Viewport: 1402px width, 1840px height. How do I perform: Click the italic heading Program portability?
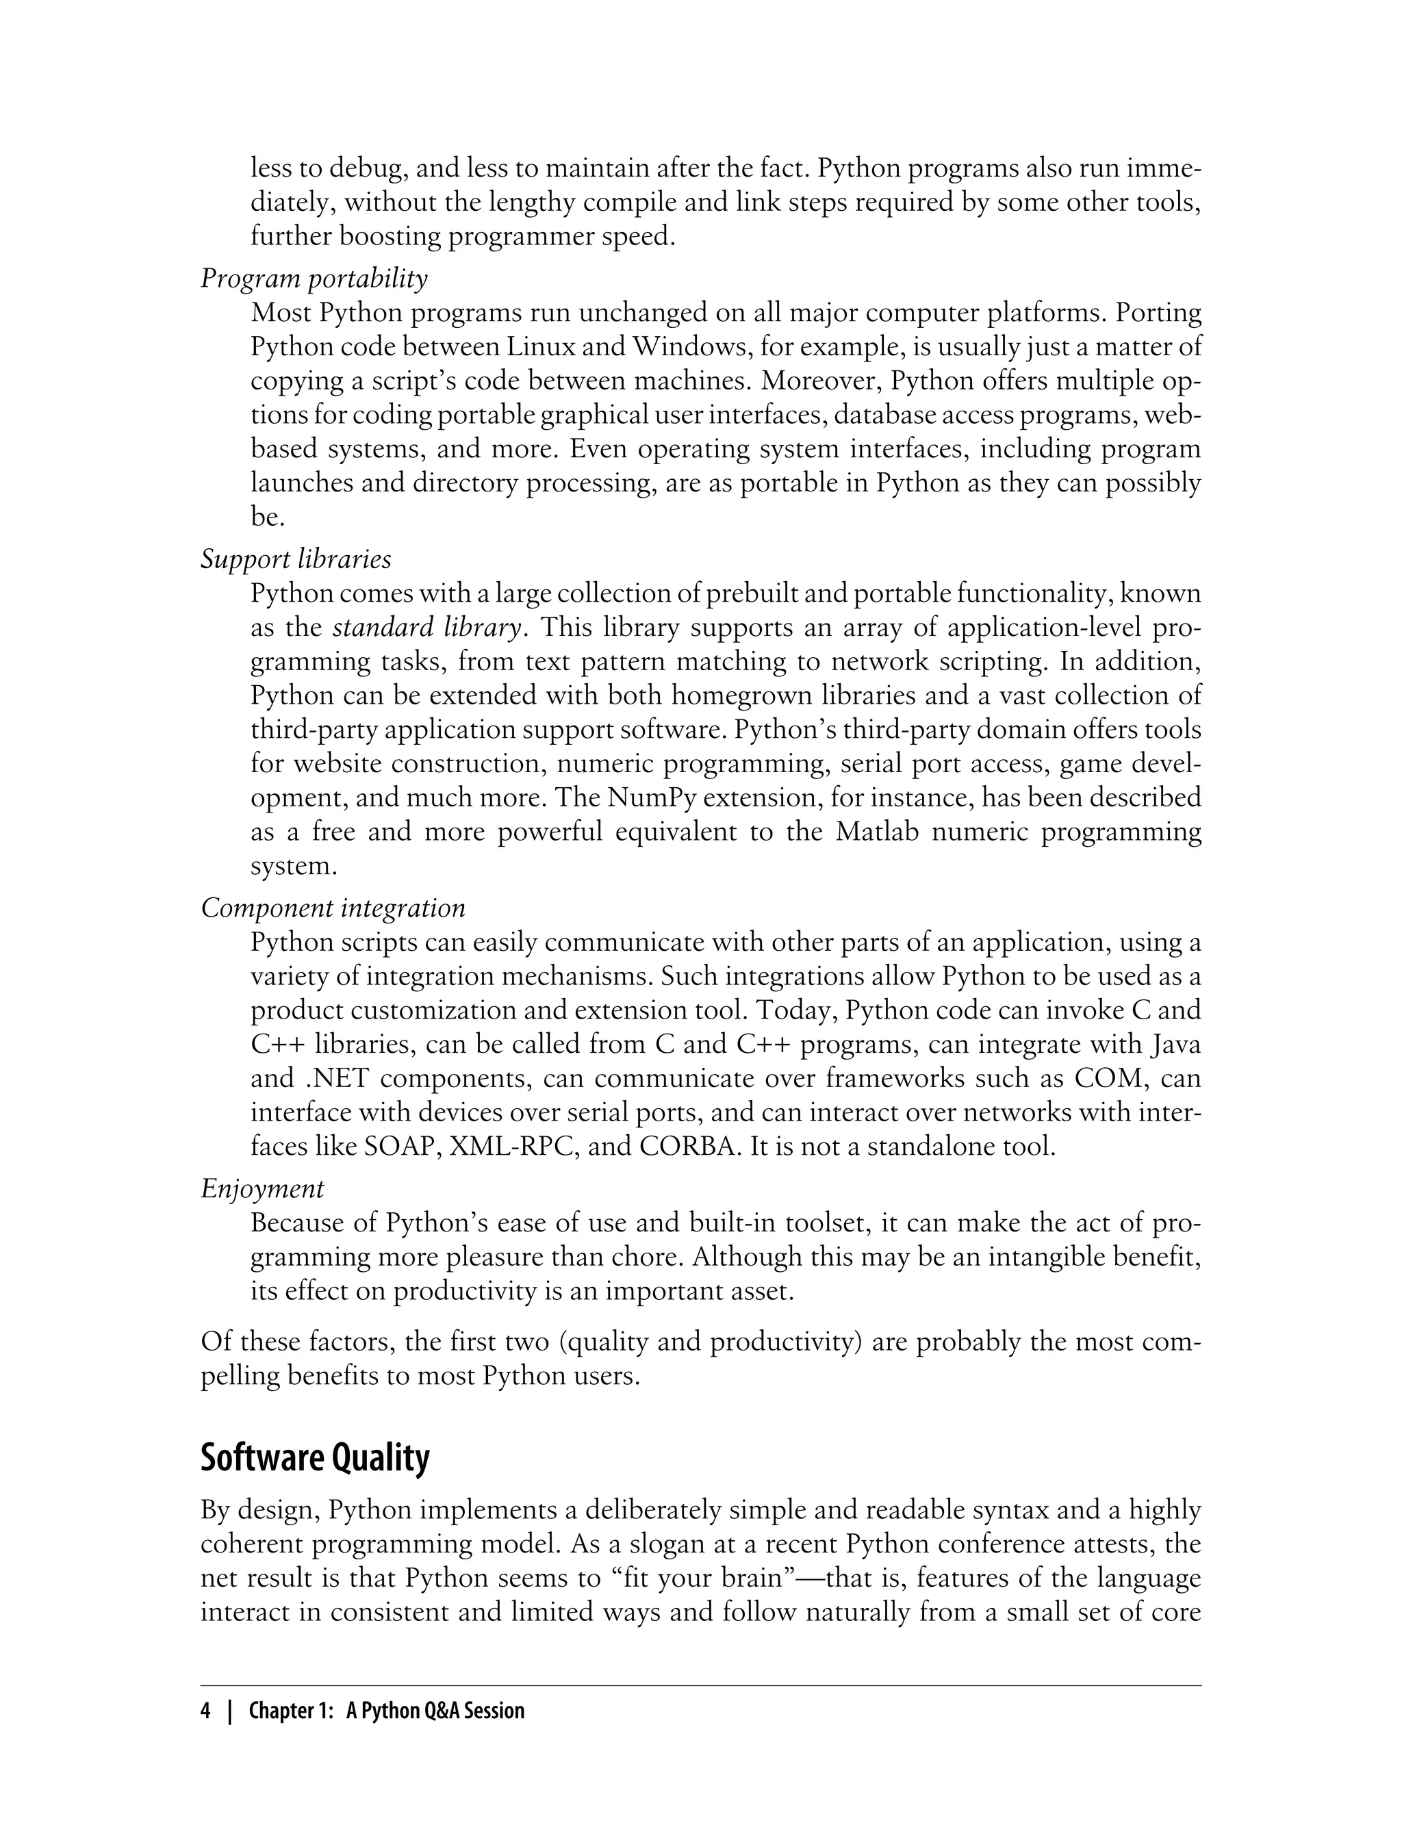pos(314,279)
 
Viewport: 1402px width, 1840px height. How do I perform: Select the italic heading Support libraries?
pos(296,560)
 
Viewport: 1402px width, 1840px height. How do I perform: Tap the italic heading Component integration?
pos(333,908)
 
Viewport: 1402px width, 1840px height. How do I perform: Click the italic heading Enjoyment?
pos(262,1188)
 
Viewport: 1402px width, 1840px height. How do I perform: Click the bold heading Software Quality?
pos(315,1458)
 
